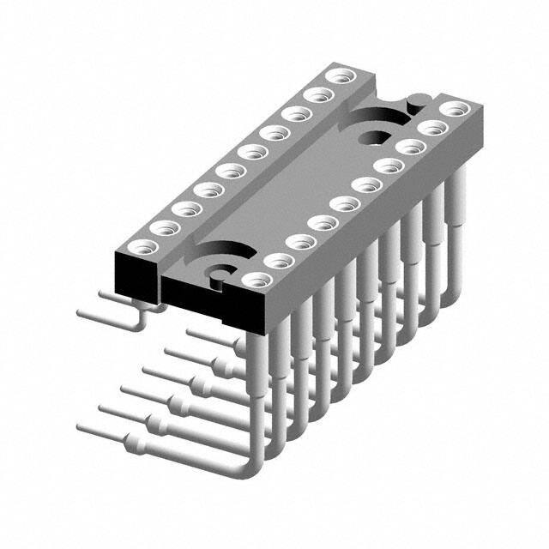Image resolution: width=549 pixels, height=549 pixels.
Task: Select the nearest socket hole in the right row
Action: click(255, 278)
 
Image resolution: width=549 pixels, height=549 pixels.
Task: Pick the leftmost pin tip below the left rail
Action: click(80, 311)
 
